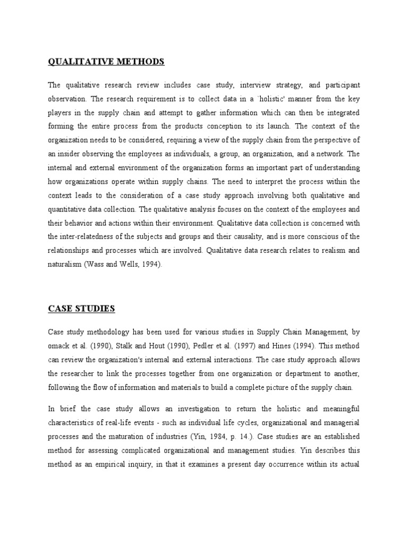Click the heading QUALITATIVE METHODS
click(106, 62)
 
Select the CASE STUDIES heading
click(81, 308)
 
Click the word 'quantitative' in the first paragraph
click(70, 209)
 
